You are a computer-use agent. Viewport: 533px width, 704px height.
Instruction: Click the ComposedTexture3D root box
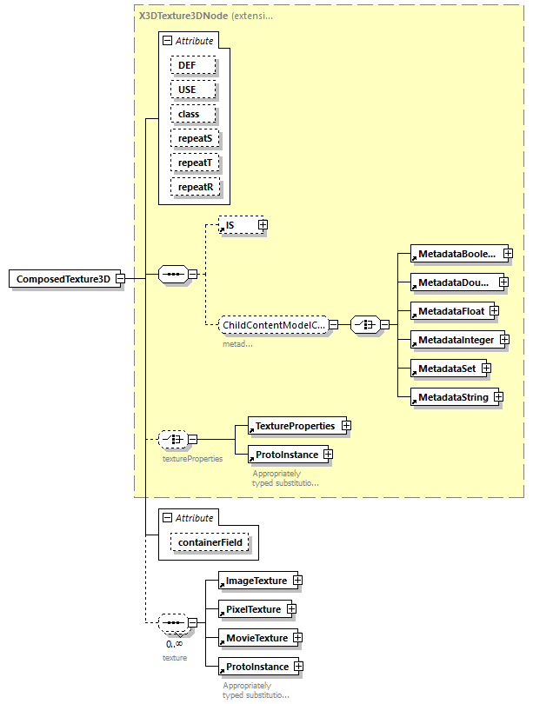pyautogui.click(x=63, y=279)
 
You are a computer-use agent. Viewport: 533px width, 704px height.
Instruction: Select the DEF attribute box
pyautogui.click(x=187, y=65)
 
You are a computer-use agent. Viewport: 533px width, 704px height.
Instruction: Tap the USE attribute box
pyautogui.click(x=187, y=90)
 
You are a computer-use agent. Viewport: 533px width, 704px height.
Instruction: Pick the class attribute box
pyautogui.click(x=189, y=114)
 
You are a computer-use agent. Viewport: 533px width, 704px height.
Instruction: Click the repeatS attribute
pyautogui.click(x=194, y=138)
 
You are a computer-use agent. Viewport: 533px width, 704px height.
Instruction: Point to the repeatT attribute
pyautogui.click(x=194, y=163)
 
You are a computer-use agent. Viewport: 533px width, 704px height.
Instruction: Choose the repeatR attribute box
pyautogui.click(x=194, y=187)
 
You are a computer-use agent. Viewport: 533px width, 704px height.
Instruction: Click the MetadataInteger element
pyautogui.click(x=454, y=338)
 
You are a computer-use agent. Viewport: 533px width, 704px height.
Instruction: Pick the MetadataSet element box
pyautogui.click(x=446, y=369)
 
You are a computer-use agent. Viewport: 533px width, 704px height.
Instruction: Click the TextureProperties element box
pyautogui.click(x=294, y=426)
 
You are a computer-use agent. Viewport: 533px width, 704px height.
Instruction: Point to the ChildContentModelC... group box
pyautogui.click(x=273, y=325)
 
